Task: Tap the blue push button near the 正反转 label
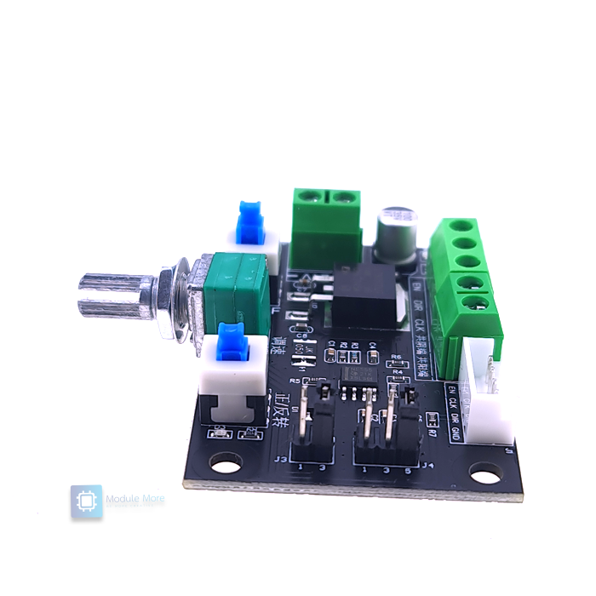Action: point(231,344)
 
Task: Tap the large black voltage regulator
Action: point(364,295)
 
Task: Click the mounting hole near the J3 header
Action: point(223,465)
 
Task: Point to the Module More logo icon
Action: point(86,501)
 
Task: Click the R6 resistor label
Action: point(396,357)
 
